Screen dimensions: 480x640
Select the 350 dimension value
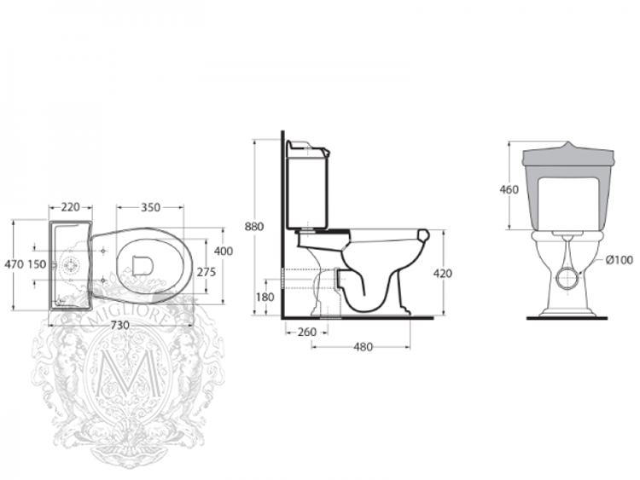click(x=150, y=207)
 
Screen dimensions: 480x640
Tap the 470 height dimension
click(x=14, y=264)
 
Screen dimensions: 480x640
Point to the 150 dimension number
click(x=37, y=264)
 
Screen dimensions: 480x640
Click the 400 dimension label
click(x=223, y=251)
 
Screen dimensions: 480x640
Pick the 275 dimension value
click(x=207, y=272)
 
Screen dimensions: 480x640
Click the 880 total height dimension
click(x=254, y=227)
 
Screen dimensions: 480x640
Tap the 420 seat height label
click(x=442, y=274)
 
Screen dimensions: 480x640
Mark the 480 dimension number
click(x=363, y=347)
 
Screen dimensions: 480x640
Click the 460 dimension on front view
click(x=509, y=189)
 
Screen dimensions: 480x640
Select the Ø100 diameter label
click(x=619, y=260)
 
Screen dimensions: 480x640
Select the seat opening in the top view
click(x=143, y=266)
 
